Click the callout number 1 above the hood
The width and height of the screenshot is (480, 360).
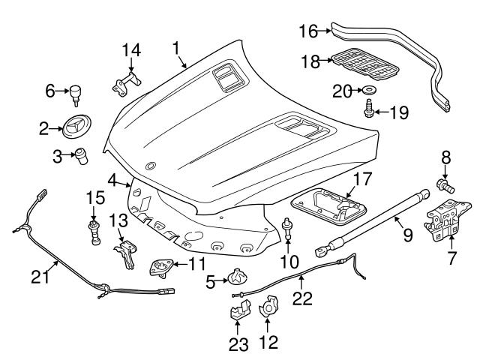pyautogui.click(x=178, y=49)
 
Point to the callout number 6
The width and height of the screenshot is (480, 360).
pyautogui.click(x=51, y=91)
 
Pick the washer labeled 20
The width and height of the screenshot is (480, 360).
pyautogui.click(x=370, y=91)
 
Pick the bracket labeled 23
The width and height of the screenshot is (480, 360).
pyautogui.click(x=238, y=310)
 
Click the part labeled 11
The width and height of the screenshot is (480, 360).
pyautogui.click(x=160, y=266)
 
